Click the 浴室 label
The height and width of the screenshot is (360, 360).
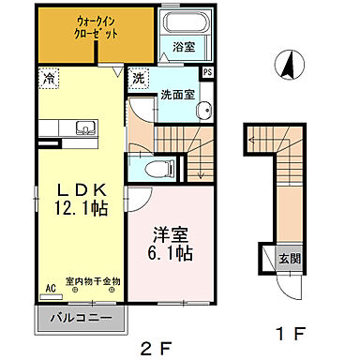183,45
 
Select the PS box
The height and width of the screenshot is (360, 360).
207,71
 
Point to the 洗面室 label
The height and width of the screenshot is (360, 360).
177,94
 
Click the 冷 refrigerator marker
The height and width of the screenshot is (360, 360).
46,80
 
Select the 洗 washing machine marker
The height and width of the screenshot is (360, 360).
137,79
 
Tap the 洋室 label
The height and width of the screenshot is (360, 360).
170,232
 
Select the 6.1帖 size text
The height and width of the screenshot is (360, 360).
170,253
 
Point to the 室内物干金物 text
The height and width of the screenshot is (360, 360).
93,281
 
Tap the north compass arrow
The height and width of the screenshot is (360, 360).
291,67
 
